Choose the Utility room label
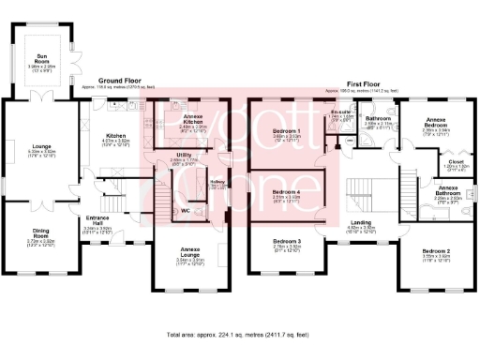[184, 156]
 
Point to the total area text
[239, 334]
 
